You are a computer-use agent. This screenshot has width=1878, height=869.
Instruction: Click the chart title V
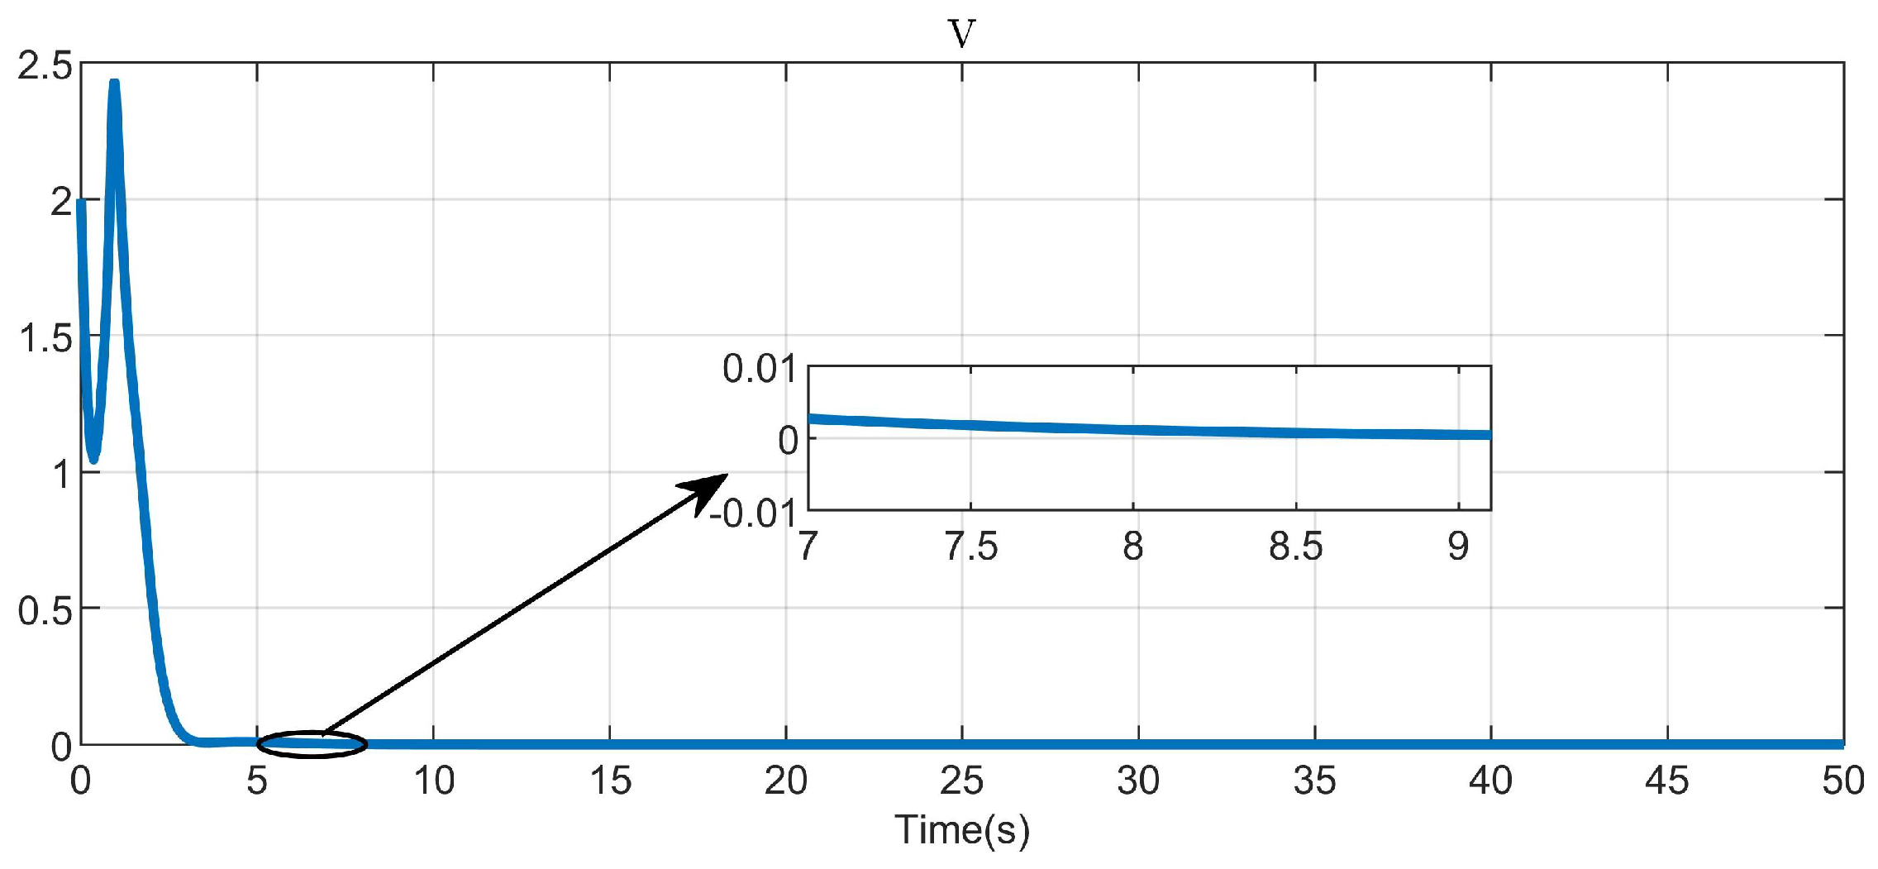tap(961, 33)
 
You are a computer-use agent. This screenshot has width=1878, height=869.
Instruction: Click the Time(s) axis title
tap(961, 829)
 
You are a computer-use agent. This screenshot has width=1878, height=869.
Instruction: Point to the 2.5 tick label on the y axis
tap(45, 65)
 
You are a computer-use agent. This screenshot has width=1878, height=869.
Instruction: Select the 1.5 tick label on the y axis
tap(45, 338)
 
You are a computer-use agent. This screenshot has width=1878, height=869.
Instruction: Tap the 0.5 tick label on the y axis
tap(45, 610)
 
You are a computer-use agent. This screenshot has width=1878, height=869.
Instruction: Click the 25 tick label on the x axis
tap(961, 781)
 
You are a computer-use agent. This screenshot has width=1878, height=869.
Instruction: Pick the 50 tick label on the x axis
tap(1842, 781)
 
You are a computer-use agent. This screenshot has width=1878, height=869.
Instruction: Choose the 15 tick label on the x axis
tap(610, 781)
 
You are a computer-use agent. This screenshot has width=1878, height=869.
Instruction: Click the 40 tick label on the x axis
tap(1490, 781)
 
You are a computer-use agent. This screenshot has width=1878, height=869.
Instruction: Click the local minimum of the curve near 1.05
tap(93, 457)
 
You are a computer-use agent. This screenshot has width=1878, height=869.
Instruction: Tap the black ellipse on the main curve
tap(312, 744)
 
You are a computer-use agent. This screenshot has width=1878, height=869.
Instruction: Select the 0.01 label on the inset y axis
tap(759, 369)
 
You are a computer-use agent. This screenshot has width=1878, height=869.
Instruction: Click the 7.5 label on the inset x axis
tap(970, 547)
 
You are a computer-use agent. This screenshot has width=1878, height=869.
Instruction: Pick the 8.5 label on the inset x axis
tap(1295, 547)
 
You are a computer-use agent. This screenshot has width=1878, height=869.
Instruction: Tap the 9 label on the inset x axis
tap(1458, 547)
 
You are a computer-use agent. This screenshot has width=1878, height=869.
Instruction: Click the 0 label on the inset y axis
tap(788, 441)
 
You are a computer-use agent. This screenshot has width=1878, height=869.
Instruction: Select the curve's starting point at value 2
tap(81, 203)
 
